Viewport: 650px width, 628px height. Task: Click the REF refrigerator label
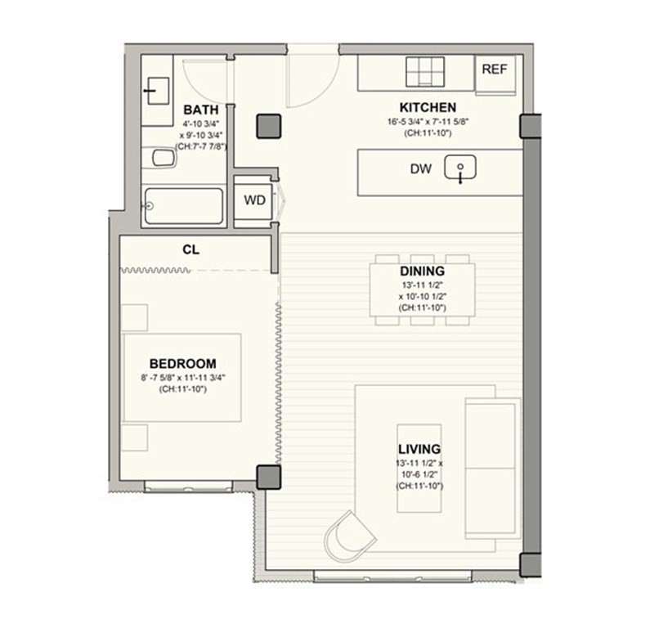coord(494,70)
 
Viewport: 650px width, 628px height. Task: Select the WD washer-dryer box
coord(254,200)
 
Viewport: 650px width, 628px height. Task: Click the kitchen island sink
coord(459,170)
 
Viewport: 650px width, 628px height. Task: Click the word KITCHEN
coord(427,107)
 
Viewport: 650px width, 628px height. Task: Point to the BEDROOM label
coord(182,363)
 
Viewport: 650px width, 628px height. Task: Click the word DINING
coord(422,271)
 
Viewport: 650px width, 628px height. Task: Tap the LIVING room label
coord(419,449)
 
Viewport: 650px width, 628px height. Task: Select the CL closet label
coord(191,249)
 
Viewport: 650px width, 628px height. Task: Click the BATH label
coord(199,110)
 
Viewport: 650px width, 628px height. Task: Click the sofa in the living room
coord(491,469)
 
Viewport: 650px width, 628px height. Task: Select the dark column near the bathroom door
coord(268,125)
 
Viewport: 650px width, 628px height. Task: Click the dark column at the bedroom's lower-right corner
coord(267,477)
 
